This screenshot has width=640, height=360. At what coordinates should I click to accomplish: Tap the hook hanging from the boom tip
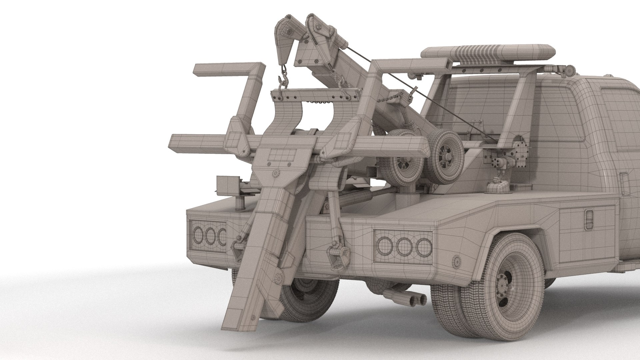coord(284,80)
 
